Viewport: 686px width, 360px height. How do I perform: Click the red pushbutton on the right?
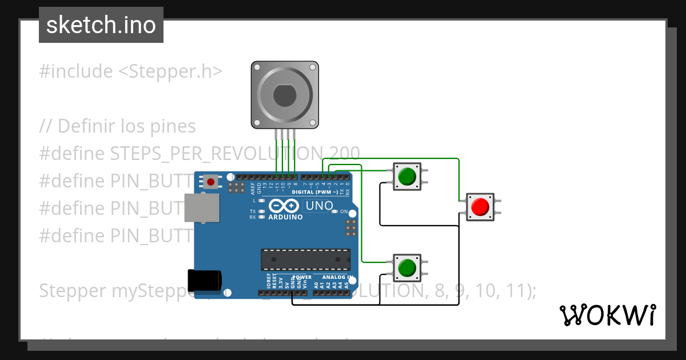pos(481,206)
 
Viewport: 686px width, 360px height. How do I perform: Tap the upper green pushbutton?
pos(406,176)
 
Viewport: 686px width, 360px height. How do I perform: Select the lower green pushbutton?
pos(406,267)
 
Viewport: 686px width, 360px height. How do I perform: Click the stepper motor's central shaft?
pos(284,94)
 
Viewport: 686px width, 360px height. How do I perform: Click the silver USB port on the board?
pos(201,207)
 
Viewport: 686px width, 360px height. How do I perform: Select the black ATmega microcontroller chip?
pos(305,259)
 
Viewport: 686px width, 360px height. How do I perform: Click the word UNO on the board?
pos(319,206)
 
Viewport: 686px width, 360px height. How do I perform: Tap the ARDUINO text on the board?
pos(285,217)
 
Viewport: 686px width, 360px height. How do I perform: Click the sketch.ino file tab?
pos(101,25)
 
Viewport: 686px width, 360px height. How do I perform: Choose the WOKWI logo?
pos(607,315)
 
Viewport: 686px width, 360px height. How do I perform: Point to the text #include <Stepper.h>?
pos(130,71)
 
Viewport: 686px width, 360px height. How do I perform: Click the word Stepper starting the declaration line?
pos(72,291)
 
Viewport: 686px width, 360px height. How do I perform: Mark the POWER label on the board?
pos(302,277)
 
